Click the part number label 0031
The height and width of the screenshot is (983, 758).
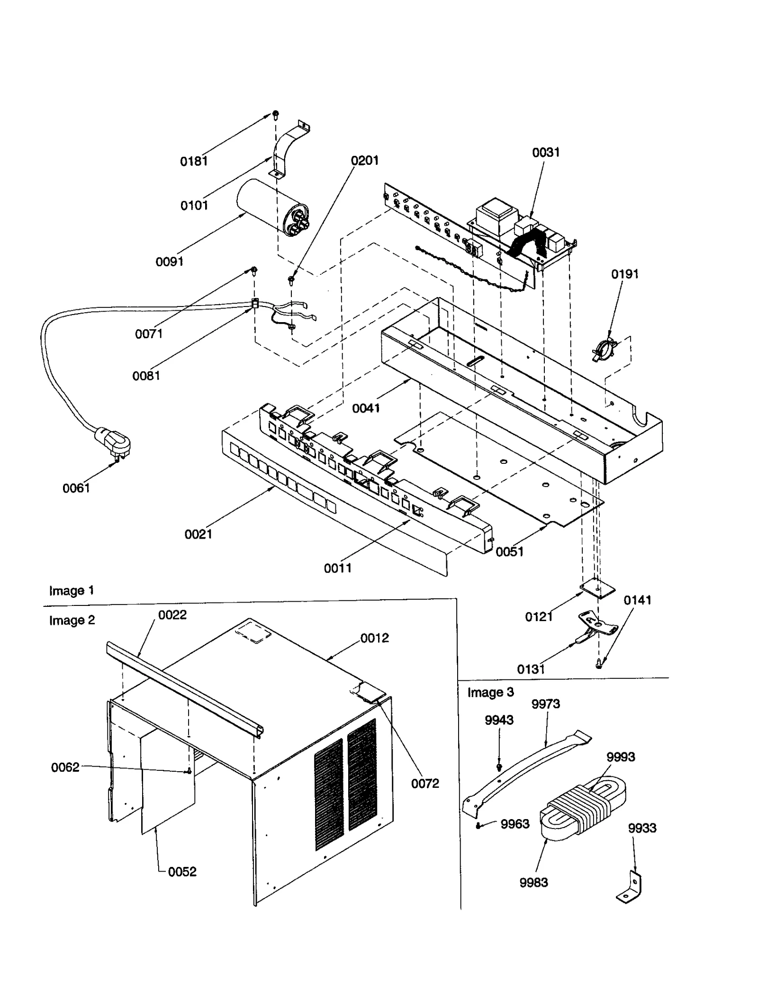546,153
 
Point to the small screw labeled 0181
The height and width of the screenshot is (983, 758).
275,114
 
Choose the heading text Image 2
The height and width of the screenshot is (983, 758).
72,620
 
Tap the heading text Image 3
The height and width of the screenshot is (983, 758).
490,692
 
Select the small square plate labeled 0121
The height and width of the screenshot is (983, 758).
597,589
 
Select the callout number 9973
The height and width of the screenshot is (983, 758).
545,704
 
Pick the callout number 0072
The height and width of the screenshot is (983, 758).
424,784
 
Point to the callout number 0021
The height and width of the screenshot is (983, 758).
198,534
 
